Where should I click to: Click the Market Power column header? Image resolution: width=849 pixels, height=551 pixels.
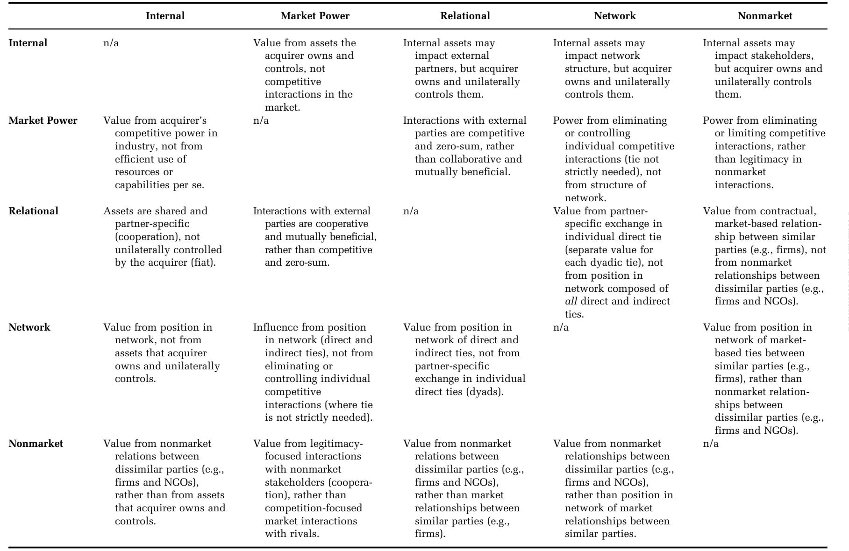pyautogui.click(x=315, y=16)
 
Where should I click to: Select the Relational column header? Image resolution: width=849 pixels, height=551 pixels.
pyautogui.click(x=465, y=16)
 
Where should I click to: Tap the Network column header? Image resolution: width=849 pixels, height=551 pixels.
pyautogui.click(x=615, y=16)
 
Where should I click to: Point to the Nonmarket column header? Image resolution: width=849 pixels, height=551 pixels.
pyautogui.click(x=765, y=16)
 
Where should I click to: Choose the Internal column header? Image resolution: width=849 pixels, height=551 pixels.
pyautogui.click(x=165, y=16)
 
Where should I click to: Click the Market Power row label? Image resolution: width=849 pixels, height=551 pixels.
pyautogui.click(x=43, y=120)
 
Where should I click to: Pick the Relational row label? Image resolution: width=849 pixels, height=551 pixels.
pyautogui.click(x=34, y=211)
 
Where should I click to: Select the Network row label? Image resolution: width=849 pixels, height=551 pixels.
pyautogui.click(x=29, y=327)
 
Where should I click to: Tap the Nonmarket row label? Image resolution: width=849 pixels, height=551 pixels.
pyautogui.click(x=36, y=443)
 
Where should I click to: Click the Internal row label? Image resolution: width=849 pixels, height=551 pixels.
pyautogui.click(x=28, y=43)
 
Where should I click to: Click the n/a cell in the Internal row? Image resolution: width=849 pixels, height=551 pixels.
pyautogui.click(x=111, y=43)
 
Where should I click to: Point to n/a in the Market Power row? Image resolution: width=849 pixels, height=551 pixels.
pyautogui.click(x=261, y=121)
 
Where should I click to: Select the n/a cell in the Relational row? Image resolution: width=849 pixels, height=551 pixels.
pyautogui.click(x=411, y=211)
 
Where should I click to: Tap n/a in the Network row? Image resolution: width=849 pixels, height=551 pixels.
pyautogui.click(x=561, y=327)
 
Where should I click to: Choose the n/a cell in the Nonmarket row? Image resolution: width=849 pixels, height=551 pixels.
pyautogui.click(x=711, y=444)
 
